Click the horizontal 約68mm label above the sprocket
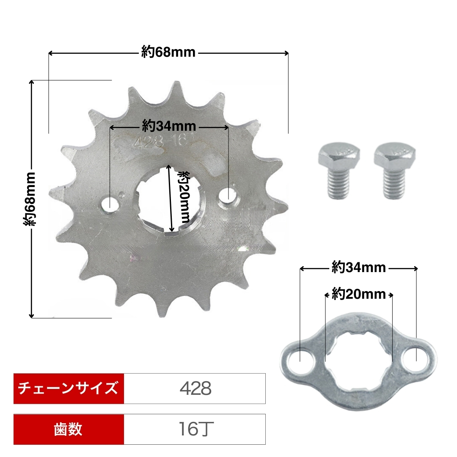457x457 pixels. click(x=168, y=52)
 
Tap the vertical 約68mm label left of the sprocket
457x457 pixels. click(x=30, y=199)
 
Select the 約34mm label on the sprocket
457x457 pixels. click(x=169, y=126)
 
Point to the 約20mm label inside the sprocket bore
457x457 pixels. click(x=184, y=197)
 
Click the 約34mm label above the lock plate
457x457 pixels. click(x=359, y=267)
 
